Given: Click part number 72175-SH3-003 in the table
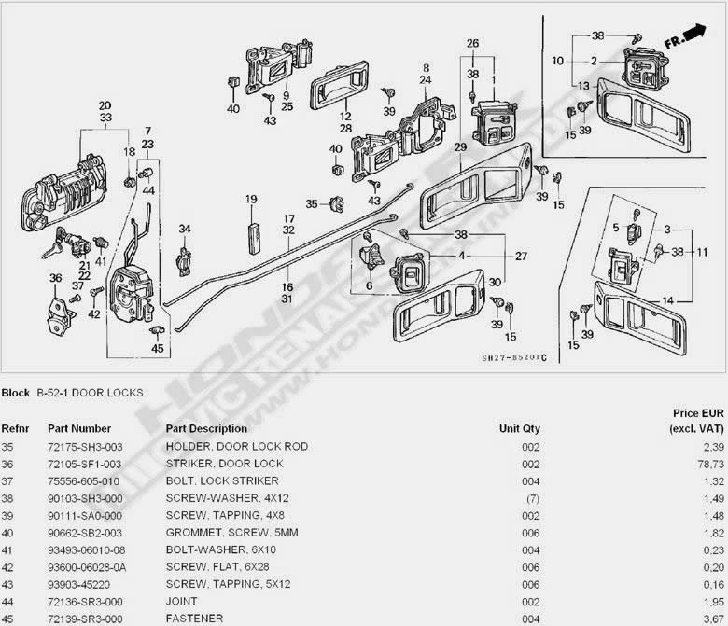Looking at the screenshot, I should (87, 446).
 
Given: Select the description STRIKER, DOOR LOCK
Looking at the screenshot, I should (224, 463).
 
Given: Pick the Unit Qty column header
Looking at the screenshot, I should (520, 429).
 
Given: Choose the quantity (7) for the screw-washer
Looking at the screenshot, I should (531, 497).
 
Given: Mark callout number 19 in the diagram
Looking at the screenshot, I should (251, 200).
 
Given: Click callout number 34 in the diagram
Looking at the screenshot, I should (185, 230).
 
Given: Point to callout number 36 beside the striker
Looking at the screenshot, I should (55, 277).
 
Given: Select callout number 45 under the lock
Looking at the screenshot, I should (157, 349).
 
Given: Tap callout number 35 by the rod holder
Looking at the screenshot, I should (312, 203).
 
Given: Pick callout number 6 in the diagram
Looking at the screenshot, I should (369, 285).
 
